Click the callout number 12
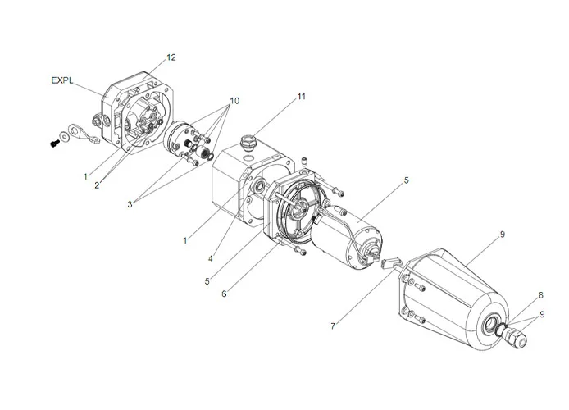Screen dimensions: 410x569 pyautogui.click(x=171, y=57)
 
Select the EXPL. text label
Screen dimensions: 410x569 pyautogui.click(x=62, y=80)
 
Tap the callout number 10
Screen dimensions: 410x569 pyautogui.click(x=234, y=101)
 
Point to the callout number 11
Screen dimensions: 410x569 pyautogui.click(x=301, y=97)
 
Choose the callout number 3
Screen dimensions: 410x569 pyautogui.click(x=130, y=205)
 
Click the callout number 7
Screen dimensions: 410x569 pyautogui.click(x=332, y=326)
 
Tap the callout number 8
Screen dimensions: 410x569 pyautogui.click(x=540, y=294)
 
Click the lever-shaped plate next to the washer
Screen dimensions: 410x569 pyautogui.click(x=86, y=133)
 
